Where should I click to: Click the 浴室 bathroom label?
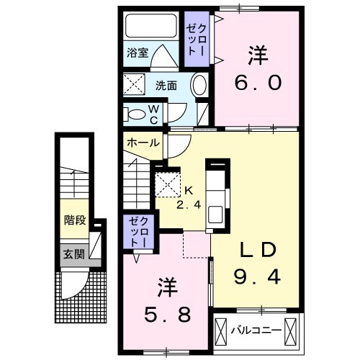coord(137,53)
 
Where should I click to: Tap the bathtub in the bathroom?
coord(151,27)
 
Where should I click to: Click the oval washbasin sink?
coord(200,85)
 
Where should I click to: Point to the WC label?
coord(153,112)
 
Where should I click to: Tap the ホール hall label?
coord(143,143)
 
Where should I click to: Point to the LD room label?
coord(258,250)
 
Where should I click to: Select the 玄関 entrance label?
coord(73,253)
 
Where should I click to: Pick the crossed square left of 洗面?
coord(134,84)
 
